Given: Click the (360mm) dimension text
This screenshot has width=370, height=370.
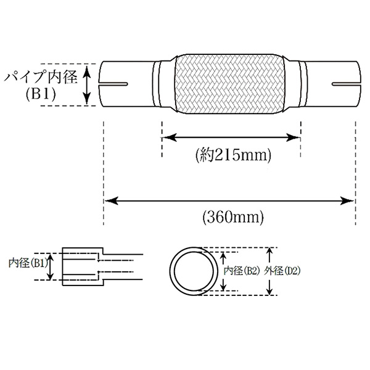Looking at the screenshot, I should pos(232,216).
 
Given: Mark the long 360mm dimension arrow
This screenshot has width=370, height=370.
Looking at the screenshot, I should pos(229,199).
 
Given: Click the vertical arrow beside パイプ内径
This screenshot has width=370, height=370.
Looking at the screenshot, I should pos(88,84).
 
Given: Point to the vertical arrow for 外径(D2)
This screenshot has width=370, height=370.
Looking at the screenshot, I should pos(269,271).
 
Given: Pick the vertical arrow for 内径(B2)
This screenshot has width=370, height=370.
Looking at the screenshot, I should pos(221,271).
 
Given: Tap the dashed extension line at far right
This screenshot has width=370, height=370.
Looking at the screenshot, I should pos(355,166).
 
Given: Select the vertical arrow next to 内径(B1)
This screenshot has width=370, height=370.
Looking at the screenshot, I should pos(52,266).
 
